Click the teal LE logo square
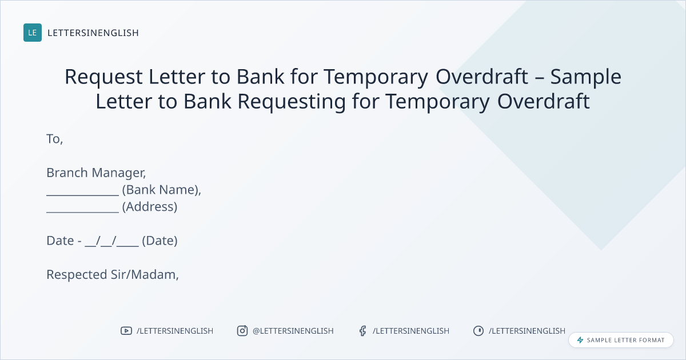coord(33,33)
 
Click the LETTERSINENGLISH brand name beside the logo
coord(93,33)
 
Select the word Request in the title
coord(103,77)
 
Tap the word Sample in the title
coord(586,77)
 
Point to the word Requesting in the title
coord(292,102)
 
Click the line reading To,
coord(54,139)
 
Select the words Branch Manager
coord(95,173)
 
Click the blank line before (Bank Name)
coord(83,195)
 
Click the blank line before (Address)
coord(83,211)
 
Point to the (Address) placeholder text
coord(150,207)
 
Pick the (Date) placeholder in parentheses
coord(160,241)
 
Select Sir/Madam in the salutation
coord(143,275)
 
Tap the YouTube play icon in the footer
coord(126,331)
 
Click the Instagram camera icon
coord(242,331)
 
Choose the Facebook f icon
coord(362,331)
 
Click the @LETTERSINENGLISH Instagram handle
coord(293,331)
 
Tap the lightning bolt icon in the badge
coord(580,340)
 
